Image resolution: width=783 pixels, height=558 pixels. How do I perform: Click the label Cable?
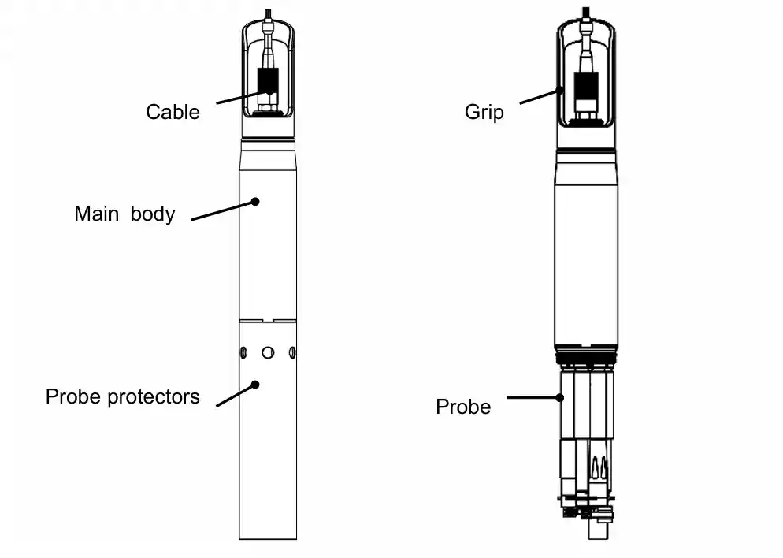pos(173,112)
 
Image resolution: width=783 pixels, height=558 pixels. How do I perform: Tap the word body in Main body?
pos(152,214)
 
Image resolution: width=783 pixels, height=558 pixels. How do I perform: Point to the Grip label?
pos(484,112)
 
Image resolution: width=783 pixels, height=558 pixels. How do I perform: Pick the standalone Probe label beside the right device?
pos(463,407)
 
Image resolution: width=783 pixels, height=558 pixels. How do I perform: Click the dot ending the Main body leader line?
pos(255,202)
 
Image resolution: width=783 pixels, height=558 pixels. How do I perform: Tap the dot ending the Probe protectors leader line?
pos(255,384)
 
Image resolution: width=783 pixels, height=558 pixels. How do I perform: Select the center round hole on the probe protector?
pos(268,352)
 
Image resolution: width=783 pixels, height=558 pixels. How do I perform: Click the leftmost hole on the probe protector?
pos(244,352)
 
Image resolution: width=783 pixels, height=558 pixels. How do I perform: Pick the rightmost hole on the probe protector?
pos(292,352)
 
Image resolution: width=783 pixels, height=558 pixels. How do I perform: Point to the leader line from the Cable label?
pos(240,97)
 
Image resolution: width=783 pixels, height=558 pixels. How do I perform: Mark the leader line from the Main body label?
pos(223,210)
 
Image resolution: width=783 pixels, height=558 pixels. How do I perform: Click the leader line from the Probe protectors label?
pos(235,395)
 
